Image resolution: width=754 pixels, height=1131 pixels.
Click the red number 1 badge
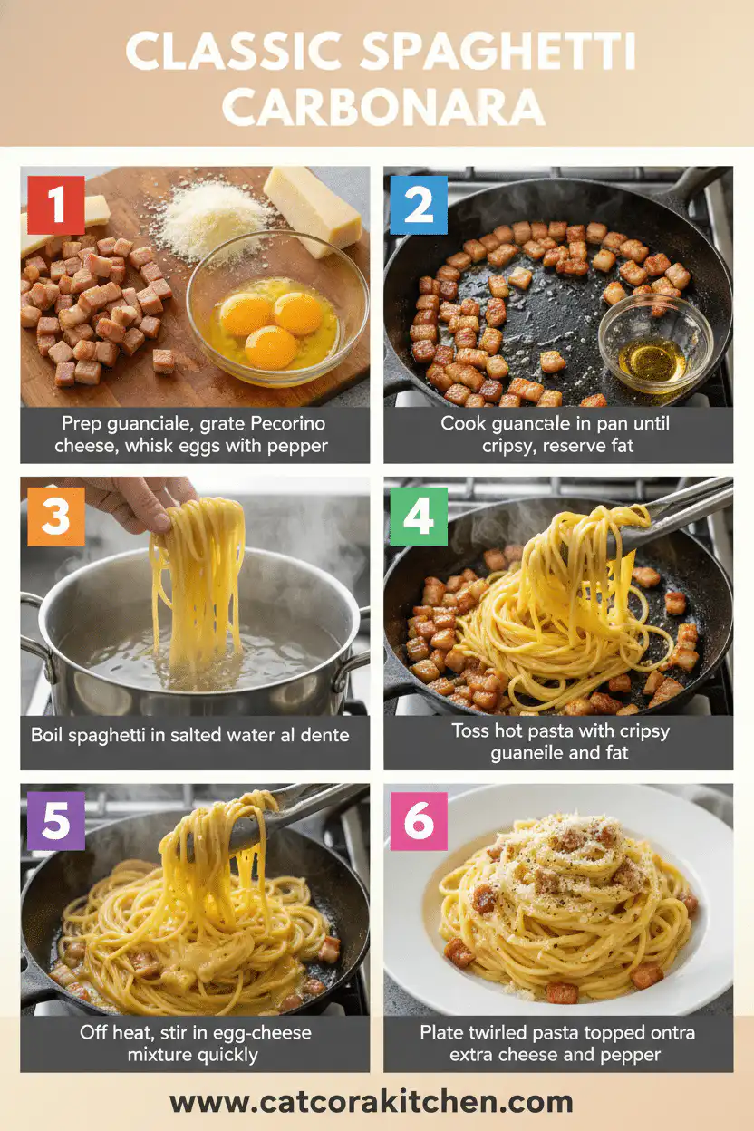[x=56, y=205]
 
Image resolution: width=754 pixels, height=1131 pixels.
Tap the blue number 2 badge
[x=419, y=205]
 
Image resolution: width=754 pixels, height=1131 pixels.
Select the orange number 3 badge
[x=56, y=517]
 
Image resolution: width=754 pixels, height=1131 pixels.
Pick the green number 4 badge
[x=419, y=517]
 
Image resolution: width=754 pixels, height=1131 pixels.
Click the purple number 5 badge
[x=56, y=821]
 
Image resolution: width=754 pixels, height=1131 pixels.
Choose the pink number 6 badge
[x=419, y=821]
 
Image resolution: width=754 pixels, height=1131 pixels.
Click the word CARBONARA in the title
[x=383, y=108]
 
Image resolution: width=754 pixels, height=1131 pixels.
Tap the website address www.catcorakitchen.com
[x=372, y=1102]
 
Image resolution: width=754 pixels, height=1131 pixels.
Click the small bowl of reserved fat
[x=654, y=342]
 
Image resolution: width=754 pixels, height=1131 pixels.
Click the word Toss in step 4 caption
[x=470, y=730]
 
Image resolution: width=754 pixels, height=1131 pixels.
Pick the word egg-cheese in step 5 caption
[x=256, y=1031]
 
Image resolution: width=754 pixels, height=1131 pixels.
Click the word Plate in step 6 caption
[x=442, y=1031]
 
